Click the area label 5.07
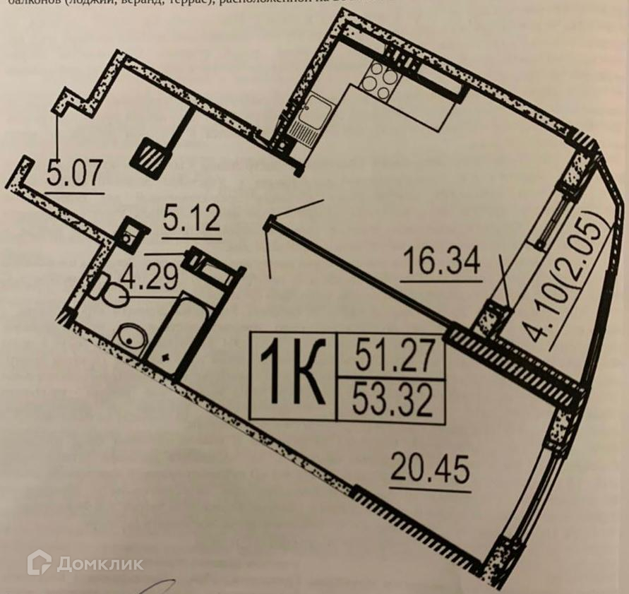[74, 173]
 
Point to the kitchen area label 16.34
[442, 262]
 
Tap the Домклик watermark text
[100, 564]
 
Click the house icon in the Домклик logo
[40, 562]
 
